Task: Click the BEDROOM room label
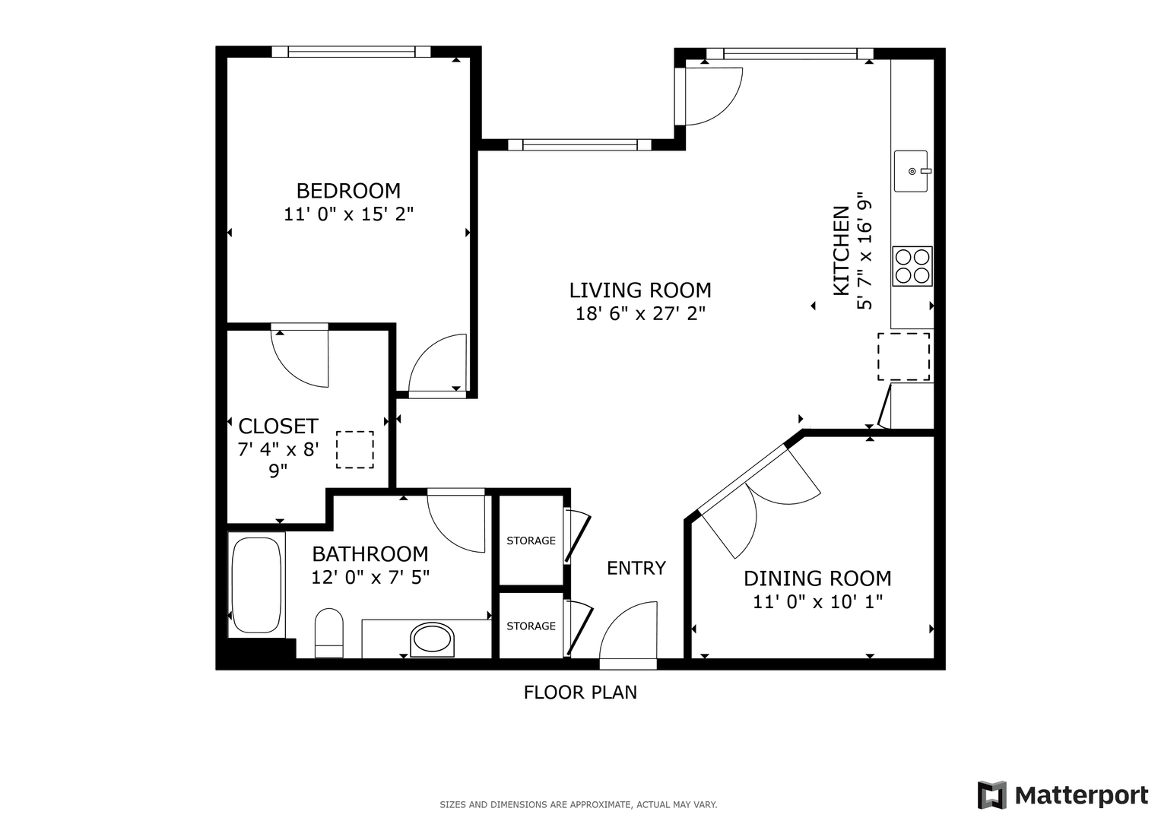click(348, 191)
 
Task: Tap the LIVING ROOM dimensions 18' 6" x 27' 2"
click(641, 313)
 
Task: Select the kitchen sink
click(912, 171)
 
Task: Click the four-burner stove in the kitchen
click(912, 266)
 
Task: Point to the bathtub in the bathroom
click(256, 585)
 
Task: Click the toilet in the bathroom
click(329, 632)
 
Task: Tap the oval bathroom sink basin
click(432, 639)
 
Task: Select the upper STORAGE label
click(531, 540)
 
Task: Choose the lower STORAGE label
click(531, 626)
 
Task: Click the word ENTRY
click(636, 568)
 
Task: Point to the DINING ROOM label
click(817, 579)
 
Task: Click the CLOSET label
click(278, 426)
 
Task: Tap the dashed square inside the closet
click(355, 450)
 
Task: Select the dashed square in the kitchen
click(903, 357)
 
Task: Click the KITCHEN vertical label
click(841, 251)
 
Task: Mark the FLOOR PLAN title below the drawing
click(580, 693)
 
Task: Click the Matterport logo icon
click(992, 794)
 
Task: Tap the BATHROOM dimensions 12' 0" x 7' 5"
click(370, 578)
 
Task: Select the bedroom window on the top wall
click(351, 52)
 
